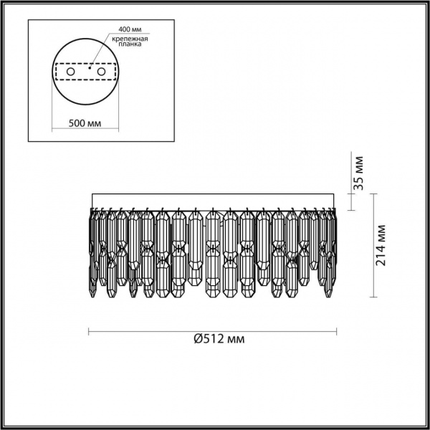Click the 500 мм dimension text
(x=84, y=123)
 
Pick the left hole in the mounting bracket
(x=70, y=72)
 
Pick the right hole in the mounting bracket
(x=101, y=72)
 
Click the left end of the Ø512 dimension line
(x=88, y=330)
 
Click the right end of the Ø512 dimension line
(x=338, y=330)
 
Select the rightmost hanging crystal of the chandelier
(x=334, y=244)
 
